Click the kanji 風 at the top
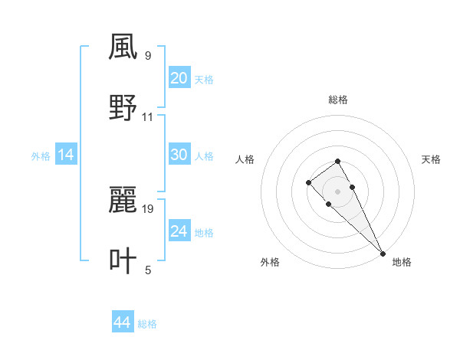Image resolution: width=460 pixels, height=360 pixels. [x=123, y=48]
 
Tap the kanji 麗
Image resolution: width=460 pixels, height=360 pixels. [x=123, y=201]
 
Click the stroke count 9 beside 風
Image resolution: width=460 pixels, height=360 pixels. [x=148, y=56]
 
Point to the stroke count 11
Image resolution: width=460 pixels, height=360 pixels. [x=148, y=117]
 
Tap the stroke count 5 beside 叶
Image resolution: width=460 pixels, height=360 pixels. [x=148, y=270]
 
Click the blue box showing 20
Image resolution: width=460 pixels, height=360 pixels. [x=179, y=78]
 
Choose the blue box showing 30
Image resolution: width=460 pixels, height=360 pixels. [x=179, y=155]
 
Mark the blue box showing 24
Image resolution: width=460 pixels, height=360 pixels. [x=179, y=231]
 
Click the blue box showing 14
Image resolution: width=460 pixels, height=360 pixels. [x=66, y=155]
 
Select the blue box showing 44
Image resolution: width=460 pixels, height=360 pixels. [x=122, y=323]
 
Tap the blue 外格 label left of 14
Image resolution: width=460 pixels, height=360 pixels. [x=41, y=155]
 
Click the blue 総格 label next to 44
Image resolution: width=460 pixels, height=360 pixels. [x=148, y=324]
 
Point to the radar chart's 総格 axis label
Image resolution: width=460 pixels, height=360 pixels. [x=338, y=100]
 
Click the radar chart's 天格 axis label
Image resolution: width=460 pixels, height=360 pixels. [x=431, y=159]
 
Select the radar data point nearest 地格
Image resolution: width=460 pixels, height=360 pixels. [x=383, y=253]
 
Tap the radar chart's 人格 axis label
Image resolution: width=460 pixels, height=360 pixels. [x=245, y=159]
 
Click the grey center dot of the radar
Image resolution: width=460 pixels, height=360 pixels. [x=337, y=191]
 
